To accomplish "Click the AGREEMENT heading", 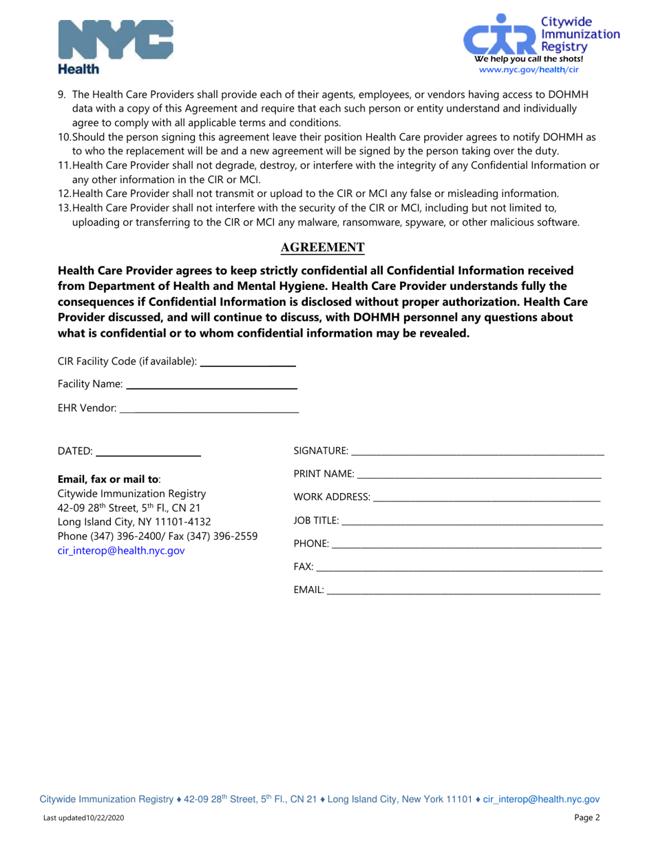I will pyautogui.click(x=326, y=247).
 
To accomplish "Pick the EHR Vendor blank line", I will pyautogui.click(x=209, y=410).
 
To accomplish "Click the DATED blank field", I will pyautogui.click(x=148, y=454).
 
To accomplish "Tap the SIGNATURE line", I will pyautogui.click(x=476, y=452).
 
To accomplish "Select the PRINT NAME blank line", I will pyautogui.click(x=478, y=476).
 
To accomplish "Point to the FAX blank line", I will pyautogui.click(x=459, y=569).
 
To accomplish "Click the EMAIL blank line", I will pyautogui.click(x=463, y=592).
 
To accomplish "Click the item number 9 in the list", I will pyautogui.click(x=62, y=94).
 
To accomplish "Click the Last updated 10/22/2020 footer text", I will pyautogui.click(x=84, y=819).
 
